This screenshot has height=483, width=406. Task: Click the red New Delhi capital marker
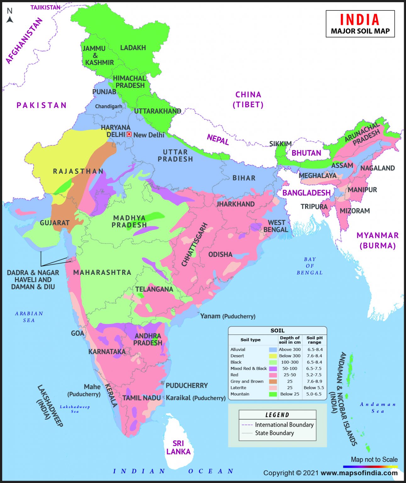(129, 134)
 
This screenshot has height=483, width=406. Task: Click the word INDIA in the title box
(360, 20)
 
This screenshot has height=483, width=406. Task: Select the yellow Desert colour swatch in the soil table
(273, 356)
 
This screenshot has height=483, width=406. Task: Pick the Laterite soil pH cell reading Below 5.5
(314, 388)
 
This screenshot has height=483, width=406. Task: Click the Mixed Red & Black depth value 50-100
(290, 369)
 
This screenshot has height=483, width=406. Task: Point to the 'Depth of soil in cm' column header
(290, 340)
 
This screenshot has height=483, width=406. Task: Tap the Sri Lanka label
(178, 447)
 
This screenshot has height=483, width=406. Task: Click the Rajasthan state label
(78, 171)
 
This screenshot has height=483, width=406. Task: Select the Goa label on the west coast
(77, 333)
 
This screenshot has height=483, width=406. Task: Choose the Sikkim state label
(280, 144)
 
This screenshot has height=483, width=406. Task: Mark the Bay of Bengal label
(310, 266)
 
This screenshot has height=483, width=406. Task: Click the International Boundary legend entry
(284, 425)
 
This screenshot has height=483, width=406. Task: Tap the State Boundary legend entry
(274, 433)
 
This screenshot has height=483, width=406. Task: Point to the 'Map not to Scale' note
(374, 459)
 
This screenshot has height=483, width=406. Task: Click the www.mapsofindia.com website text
(359, 473)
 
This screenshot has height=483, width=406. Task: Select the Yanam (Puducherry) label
(228, 316)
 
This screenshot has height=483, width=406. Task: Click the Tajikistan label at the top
(45, 8)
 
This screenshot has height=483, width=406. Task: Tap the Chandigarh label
(108, 107)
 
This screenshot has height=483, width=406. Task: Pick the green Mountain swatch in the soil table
(273, 394)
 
